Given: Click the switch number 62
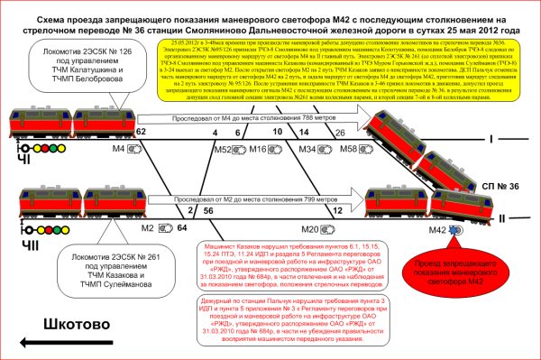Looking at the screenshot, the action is click(140, 132).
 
